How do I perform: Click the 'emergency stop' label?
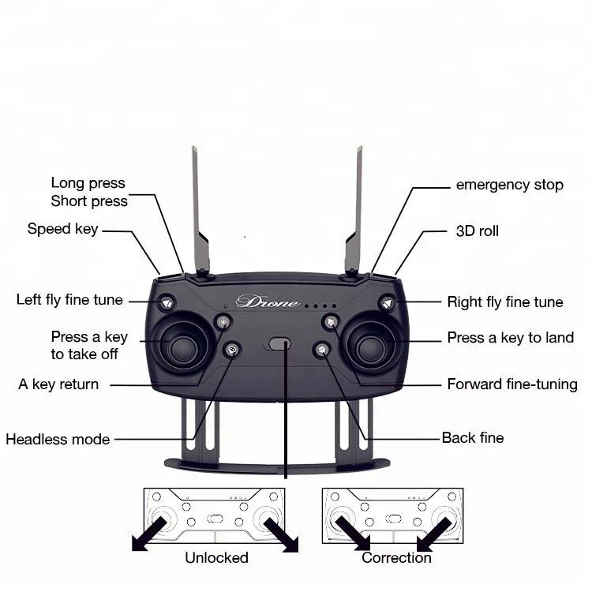(509, 185)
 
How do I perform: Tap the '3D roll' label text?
(478, 231)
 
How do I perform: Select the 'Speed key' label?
(62, 229)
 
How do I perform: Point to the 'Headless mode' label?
(58, 439)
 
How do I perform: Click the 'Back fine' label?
(472, 437)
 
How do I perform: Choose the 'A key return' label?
(58, 384)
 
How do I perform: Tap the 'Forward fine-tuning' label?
(512, 384)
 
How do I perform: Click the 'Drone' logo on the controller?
(268, 302)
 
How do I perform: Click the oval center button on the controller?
(279, 343)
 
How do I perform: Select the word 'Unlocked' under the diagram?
(216, 557)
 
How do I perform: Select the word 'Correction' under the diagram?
(396, 557)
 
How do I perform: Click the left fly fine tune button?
(167, 302)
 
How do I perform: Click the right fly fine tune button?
(387, 302)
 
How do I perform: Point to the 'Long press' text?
(88, 183)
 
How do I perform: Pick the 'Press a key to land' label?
(510, 338)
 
